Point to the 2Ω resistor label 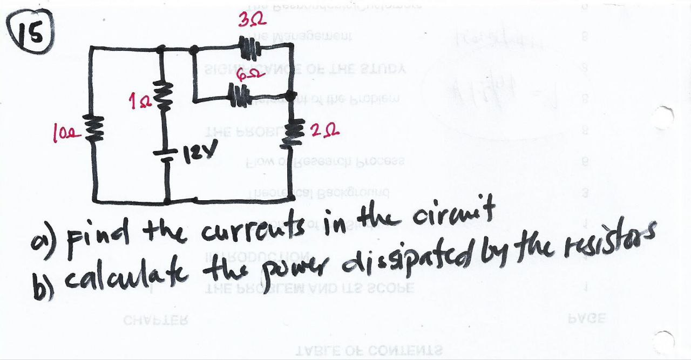tap(326, 130)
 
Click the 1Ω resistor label tap(136, 99)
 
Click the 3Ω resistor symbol tap(248, 47)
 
